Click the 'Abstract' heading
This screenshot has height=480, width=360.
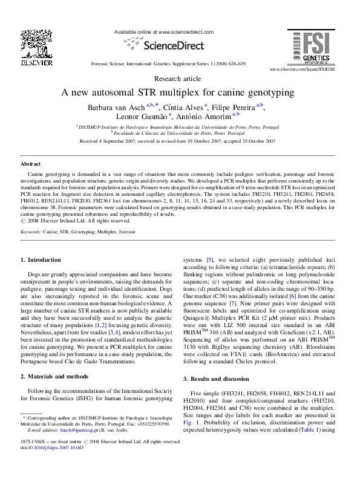tap(30, 164)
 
